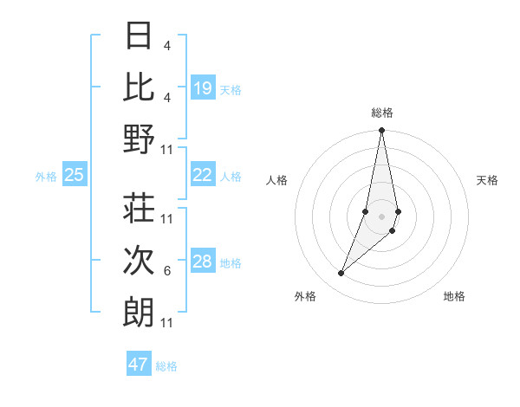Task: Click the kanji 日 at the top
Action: point(140,37)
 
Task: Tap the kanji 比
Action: point(140,87)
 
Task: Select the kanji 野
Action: point(140,139)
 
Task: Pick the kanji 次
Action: point(140,260)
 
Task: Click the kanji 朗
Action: point(140,312)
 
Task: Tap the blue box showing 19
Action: point(203,88)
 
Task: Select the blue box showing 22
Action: point(203,175)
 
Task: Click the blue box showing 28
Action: point(203,262)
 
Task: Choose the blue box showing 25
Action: point(75,175)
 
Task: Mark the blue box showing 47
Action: point(139,365)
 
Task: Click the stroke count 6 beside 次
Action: point(167,271)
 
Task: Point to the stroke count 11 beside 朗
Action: point(168,323)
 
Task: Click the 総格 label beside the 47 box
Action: point(167,366)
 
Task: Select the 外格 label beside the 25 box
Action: point(46,177)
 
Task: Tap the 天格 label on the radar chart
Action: point(488,180)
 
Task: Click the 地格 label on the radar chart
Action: point(454,296)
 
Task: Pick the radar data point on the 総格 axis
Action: point(381,131)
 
